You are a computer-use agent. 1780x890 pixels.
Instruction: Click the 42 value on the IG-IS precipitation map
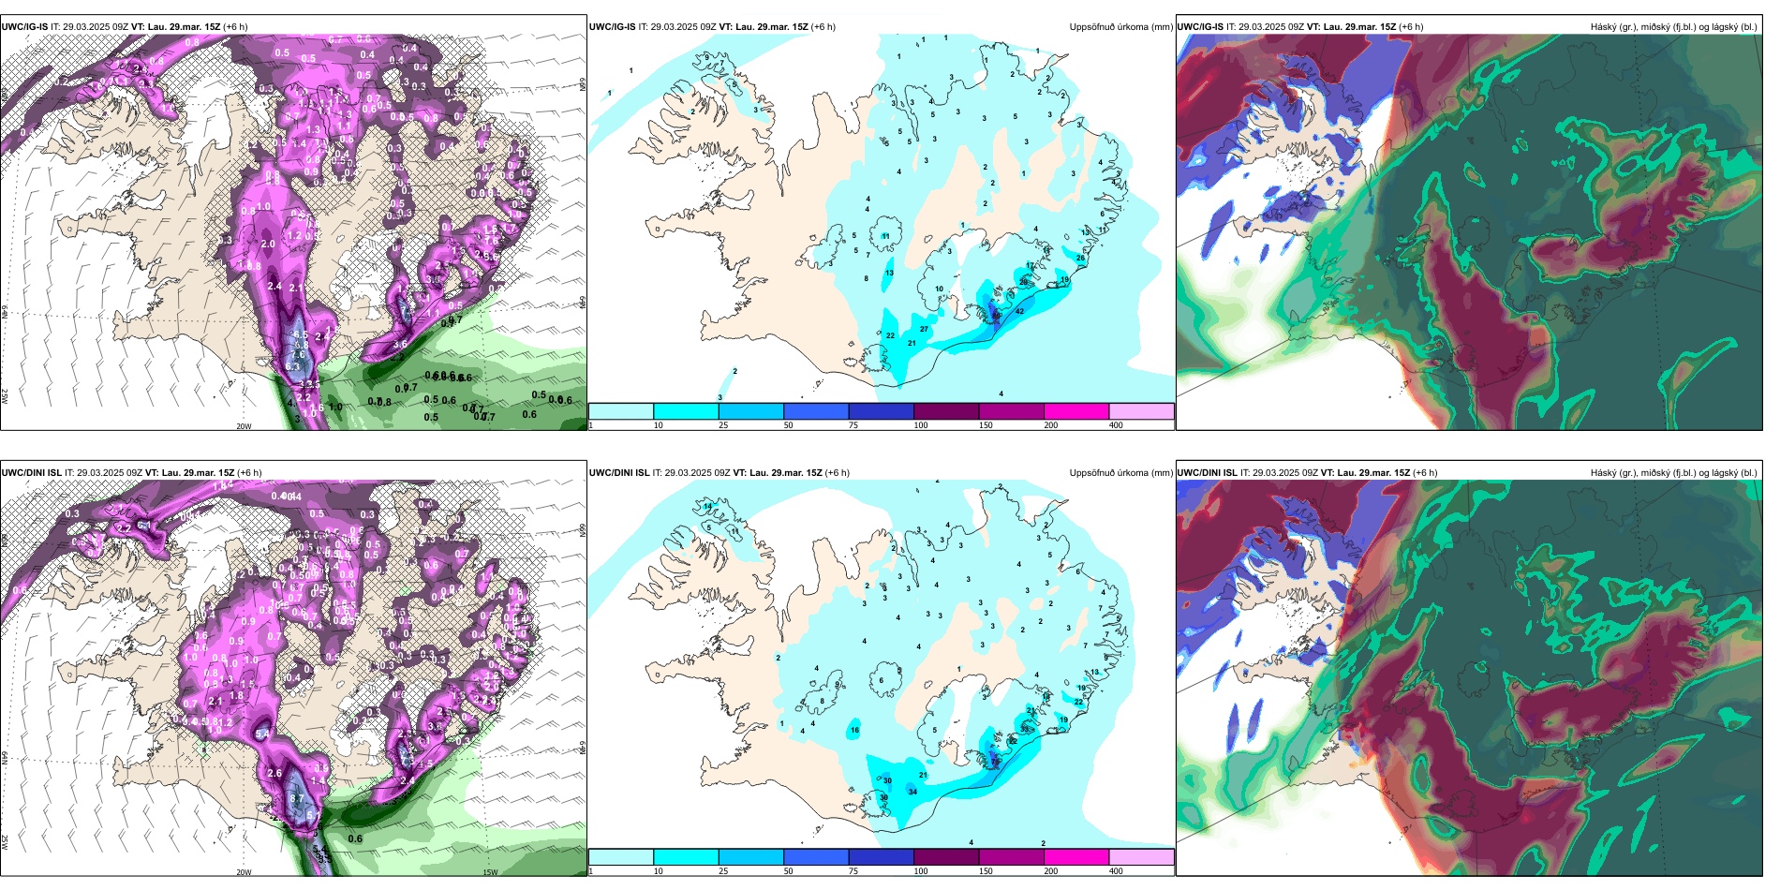point(1019,311)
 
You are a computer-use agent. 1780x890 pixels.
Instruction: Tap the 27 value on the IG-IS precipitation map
point(924,329)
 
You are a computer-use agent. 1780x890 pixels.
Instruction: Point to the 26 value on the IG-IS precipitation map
point(1080,258)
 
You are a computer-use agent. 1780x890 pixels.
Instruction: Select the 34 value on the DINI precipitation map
point(912,792)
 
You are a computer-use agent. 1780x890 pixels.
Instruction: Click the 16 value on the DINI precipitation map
point(854,730)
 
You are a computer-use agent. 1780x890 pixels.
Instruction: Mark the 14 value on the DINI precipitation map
point(707,506)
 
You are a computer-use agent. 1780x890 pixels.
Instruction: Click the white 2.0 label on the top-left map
point(268,244)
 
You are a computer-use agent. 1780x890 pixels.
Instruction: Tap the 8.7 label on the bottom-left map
point(295,798)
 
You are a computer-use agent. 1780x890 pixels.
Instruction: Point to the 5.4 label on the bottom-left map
point(261,735)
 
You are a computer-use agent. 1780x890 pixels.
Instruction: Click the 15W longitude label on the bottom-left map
point(489,872)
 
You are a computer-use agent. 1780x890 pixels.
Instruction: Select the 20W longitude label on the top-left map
point(244,426)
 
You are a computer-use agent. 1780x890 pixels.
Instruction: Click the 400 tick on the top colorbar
point(1116,425)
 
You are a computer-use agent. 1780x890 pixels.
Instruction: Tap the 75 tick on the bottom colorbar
point(853,871)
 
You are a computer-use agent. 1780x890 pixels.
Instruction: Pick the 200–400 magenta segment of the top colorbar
point(1076,411)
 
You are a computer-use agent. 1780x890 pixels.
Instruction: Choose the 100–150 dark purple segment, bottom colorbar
point(946,857)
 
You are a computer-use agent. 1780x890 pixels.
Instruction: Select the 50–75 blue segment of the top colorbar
point(816,411)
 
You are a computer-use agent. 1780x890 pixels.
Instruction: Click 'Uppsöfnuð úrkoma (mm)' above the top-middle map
point(1120,27)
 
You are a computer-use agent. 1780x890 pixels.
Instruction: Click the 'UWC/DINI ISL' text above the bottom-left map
point(31,473)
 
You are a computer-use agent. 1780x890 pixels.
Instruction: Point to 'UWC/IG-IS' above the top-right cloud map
point(1200,27)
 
